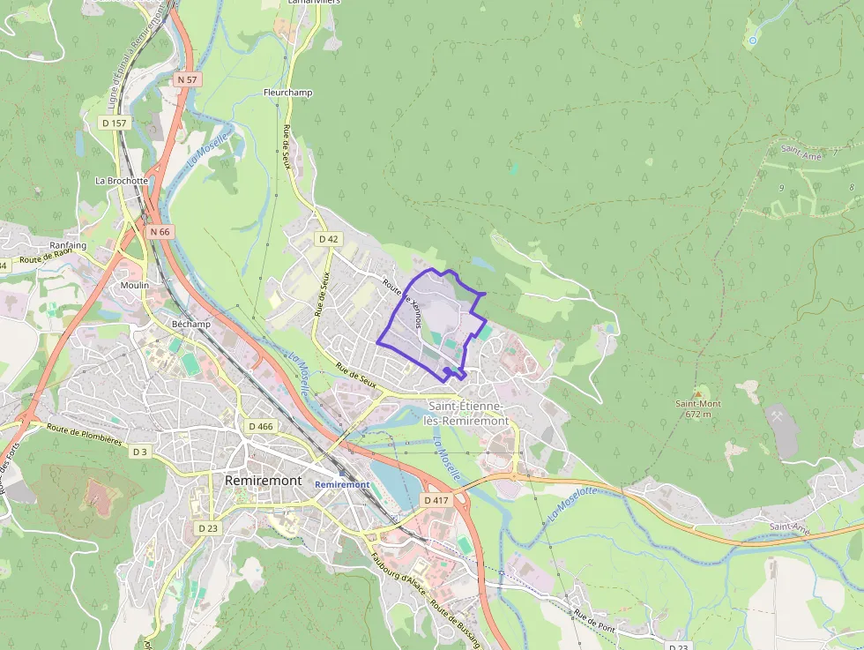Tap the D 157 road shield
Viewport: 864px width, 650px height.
(115, 123)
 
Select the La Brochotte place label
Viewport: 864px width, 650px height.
(122, 180)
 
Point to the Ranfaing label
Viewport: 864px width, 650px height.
(68, 245)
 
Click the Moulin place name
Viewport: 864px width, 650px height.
(135, 285)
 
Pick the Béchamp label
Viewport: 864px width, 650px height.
(191, 324)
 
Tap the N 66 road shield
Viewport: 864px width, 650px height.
(160, 231)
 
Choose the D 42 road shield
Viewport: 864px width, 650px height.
(329, 238)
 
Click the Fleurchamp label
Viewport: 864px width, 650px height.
(287, 92)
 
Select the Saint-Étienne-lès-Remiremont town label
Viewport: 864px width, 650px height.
(468, 413)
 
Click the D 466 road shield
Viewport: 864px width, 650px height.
(261, 426)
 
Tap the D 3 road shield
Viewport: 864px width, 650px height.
(139, 452)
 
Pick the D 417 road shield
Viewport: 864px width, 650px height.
(436, 500)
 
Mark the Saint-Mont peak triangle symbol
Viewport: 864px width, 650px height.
(698, 392)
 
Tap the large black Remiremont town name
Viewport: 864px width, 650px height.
(264, 481)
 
